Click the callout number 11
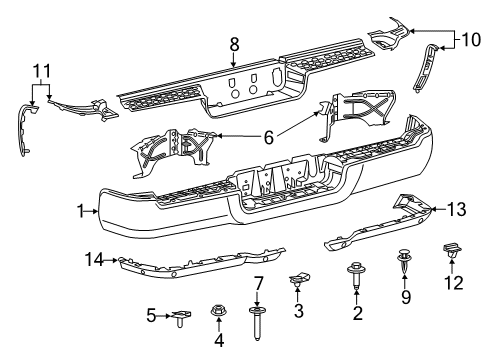pyautogui.click(x=39, y=71)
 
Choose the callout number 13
pyautogui.click(x=457, y=208)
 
